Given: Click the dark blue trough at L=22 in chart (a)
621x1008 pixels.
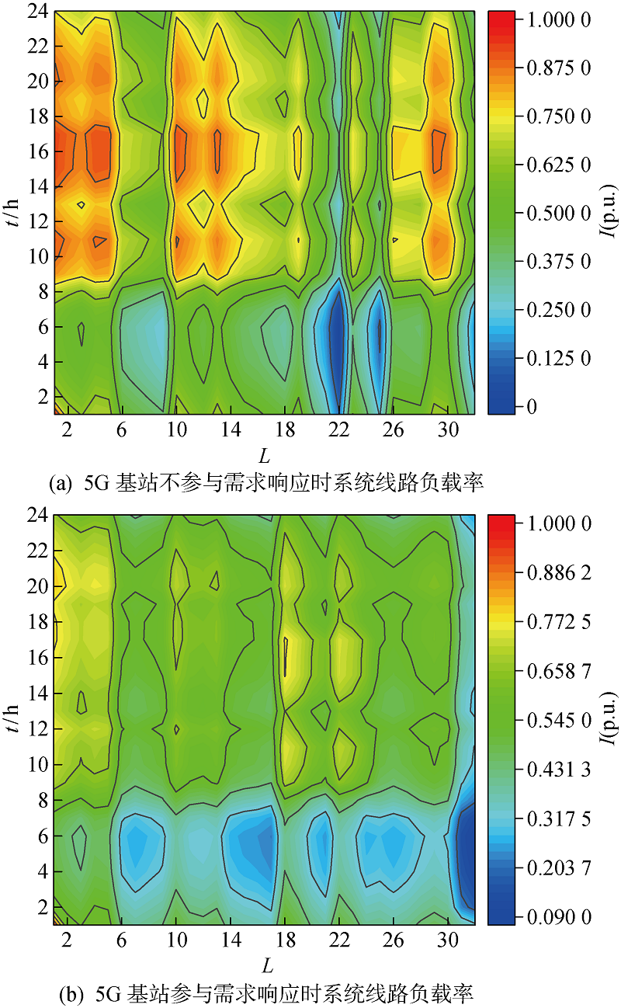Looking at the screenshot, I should [337, 342].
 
